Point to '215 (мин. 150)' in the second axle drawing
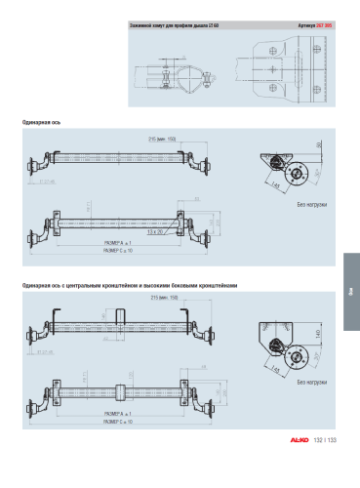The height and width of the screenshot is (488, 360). point(162,298)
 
